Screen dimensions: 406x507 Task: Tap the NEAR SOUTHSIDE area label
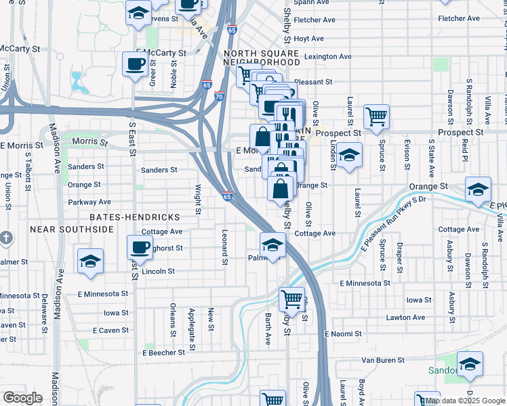tap(73, 229)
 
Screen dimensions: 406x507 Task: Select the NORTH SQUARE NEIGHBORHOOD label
tap(262, 58)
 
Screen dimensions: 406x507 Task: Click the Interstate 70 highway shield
tap(219, 97)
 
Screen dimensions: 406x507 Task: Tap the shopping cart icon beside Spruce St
tap(376, 116)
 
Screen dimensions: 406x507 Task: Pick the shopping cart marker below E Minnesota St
tap(291, 298)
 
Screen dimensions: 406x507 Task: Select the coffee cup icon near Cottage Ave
tap(140, 247)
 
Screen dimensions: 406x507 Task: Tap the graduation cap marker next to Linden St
tap(349, 156)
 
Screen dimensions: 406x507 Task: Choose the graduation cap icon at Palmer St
tap(272, 245)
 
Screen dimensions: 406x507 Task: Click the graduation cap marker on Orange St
tap(478, 191)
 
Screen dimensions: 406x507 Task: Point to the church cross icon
tap(6, 238)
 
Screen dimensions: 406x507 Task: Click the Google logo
tap(22, 398)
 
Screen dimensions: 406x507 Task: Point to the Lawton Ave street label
tap(406, 317)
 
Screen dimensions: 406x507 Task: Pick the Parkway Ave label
tap(89, 202)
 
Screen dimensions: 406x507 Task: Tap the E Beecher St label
tap(164, 353)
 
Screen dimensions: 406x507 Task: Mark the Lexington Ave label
tap(328, 57)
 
